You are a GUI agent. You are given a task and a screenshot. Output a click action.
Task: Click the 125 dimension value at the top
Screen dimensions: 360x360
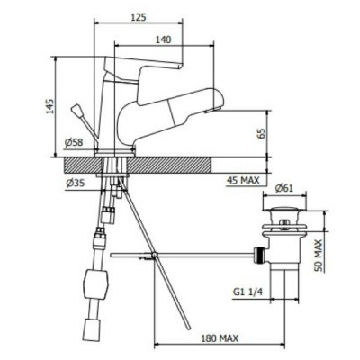[x=139, y=17]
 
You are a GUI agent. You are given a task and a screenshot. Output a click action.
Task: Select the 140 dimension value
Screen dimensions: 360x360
[x=163, y=40]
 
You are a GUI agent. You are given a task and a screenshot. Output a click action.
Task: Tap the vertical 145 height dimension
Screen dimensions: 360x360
[x=50, y=106]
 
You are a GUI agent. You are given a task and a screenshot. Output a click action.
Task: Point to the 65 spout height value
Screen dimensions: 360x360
[x=261, y=133]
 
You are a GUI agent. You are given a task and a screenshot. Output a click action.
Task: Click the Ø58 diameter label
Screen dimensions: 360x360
[x=74, y=142]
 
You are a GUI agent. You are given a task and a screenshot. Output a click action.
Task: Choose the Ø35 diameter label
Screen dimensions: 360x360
[x=76, y=183]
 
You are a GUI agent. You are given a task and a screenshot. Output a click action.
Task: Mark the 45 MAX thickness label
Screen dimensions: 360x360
[x=243, y=180]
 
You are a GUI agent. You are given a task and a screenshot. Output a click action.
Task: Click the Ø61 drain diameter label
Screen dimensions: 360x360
[x=283, y=188]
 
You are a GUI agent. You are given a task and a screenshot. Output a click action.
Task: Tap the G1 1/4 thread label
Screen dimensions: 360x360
[x=247, y=292]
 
